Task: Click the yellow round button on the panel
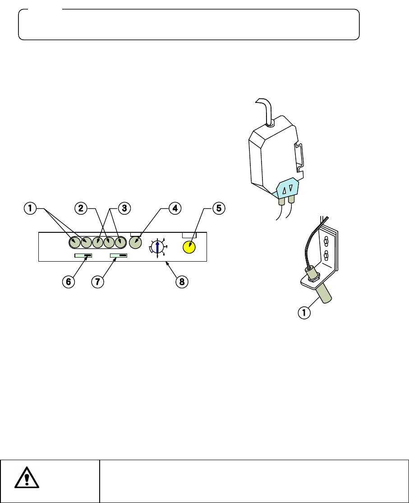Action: pos(189,247)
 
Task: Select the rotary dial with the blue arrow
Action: pos(157,247)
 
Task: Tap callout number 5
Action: pos(219,208)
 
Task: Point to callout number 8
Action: pos(182,281)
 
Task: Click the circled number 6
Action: pos(69,281)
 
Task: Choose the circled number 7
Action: pos(97,281)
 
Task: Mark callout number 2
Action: pos(81,208)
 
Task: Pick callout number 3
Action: pos(124,208)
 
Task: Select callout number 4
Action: pos(175,208)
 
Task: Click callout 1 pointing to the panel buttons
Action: pos(30,208)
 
